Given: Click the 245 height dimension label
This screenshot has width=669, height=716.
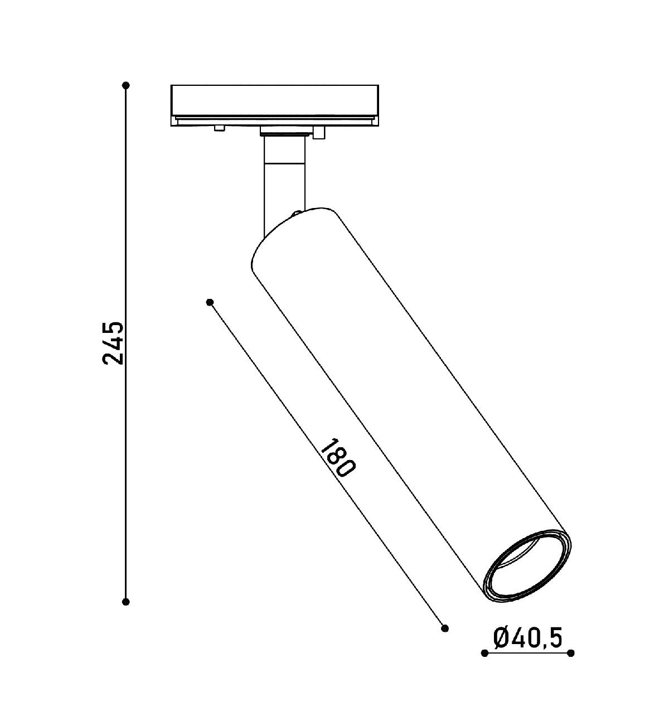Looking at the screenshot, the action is coord(113,343).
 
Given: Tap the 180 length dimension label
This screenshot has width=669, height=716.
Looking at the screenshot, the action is coord(338,457).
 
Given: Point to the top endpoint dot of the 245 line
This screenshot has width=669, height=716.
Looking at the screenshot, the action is coord(126,85).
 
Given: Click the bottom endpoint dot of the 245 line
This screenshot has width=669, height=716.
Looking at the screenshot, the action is coord(126,602).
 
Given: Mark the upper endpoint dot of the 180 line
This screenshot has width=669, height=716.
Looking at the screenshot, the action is coord(210,302).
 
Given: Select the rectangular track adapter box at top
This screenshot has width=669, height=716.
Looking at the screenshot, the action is coord(275,105).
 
